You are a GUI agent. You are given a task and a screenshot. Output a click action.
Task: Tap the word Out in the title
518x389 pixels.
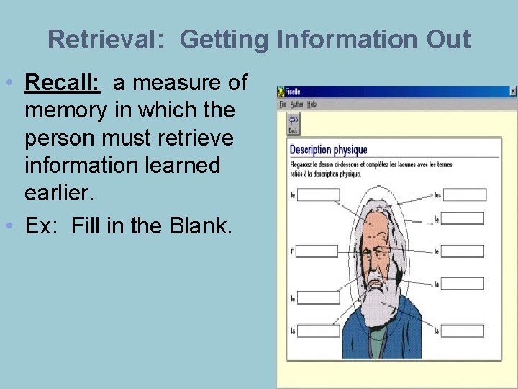tap(447, 39)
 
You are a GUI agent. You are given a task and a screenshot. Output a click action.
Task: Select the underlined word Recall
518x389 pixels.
tap(62, 83)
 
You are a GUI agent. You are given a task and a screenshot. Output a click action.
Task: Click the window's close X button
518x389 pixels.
tap(512, 91)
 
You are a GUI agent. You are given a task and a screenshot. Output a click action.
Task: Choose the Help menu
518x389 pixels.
tap(312, 104)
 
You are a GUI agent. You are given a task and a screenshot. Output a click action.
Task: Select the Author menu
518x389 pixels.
tap(296, 104)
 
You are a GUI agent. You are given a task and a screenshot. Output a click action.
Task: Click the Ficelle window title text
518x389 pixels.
tap(294, 92)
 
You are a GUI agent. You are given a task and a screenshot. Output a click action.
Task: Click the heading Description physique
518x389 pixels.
tap(328, 150)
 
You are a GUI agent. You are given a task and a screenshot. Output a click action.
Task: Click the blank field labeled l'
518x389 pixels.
tap(317, 251)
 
